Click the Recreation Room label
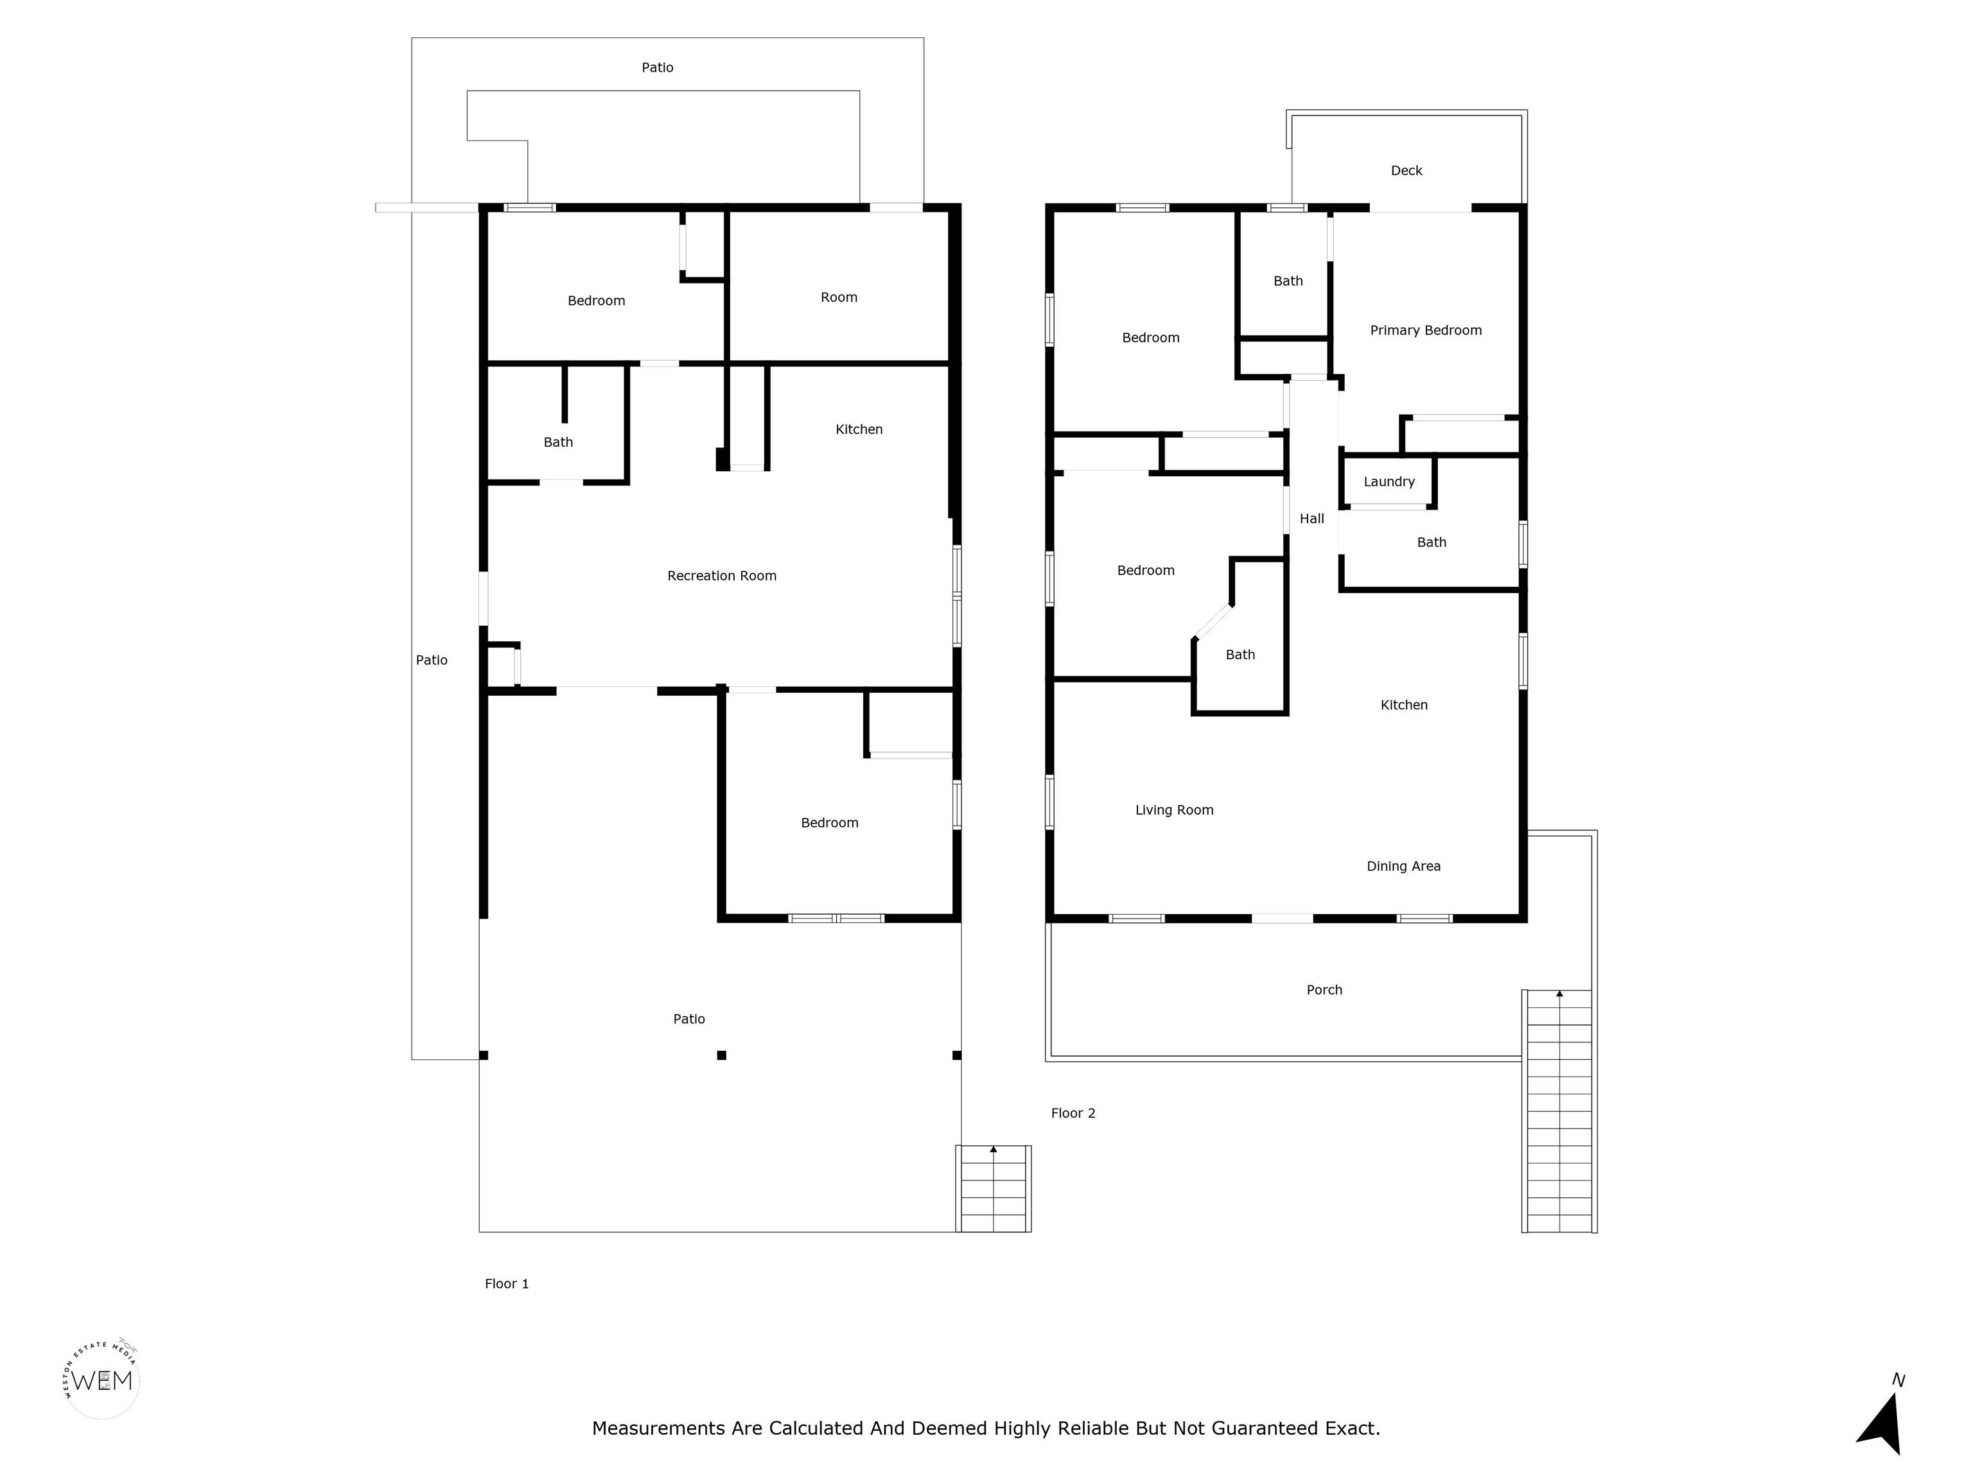722,576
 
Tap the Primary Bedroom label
1425,331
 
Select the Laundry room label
1389,482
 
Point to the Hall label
1311,519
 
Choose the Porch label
1324,990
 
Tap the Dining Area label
1403,867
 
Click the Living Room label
1174,810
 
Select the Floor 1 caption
507,1284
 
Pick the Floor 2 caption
1073,1112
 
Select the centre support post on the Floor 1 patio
722,1055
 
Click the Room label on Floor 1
838,298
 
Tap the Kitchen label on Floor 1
859,429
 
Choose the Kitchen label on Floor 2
1404,705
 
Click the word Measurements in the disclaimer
659,1428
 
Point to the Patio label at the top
658,68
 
